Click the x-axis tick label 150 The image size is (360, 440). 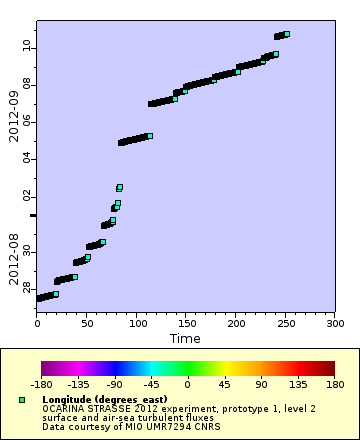(x=186, y=324)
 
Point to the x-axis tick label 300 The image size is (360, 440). (x=335, y=324)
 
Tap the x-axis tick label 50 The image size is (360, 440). (x=86, y=324)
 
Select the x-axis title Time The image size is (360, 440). (x=184, y=339)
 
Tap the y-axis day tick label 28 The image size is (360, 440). (x=26, y=289)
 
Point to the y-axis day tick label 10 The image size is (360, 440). (x=26, y=47)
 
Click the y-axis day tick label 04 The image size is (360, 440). (x=26, y=158)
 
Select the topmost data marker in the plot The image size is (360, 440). (x=286, y=35)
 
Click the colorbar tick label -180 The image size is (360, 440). (x=41, y=383)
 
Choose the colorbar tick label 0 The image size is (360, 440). (x=187, y=383)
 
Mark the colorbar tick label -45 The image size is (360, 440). (x=150, y=383)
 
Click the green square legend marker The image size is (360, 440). (x=22, y=400)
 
